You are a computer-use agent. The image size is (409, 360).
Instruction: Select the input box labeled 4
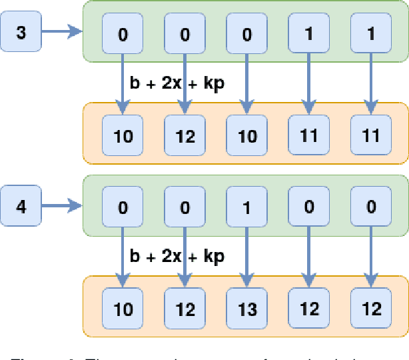point(21,206)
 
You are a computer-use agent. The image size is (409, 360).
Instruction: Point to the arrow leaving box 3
point(61,32)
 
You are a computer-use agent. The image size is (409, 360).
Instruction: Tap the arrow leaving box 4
point(61,206)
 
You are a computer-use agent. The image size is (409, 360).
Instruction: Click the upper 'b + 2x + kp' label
point(177,85)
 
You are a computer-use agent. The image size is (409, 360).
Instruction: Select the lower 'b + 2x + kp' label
point(177,257)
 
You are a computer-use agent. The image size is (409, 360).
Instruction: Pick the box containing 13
point(246,309)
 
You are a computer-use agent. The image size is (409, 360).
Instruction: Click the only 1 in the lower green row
point(246,207)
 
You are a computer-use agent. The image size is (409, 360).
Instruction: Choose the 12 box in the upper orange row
point(185,136)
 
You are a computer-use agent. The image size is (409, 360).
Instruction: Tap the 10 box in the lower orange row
point(123,309)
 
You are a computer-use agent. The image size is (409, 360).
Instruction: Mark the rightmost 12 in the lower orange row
point(370,309)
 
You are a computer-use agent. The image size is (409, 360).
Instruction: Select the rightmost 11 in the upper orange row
point(370,136)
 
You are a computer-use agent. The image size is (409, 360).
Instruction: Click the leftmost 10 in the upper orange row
point(123,136)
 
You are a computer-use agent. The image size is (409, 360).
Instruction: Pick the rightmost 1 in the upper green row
point(370,34)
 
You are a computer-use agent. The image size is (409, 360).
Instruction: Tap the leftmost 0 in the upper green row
point(123,34)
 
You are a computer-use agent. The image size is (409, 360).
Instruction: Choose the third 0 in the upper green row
point(246,34)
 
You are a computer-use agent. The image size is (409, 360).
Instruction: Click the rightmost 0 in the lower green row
point(370,207)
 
